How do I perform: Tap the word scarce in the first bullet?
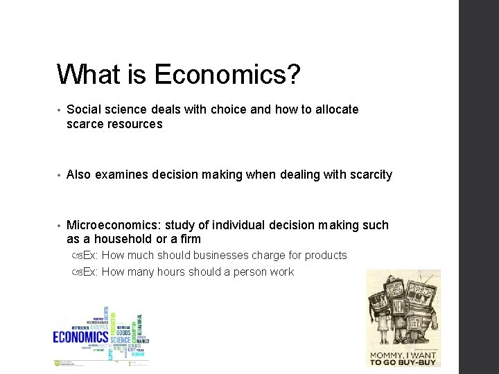(x=86, y=124)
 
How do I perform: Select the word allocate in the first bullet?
(x=335, y=109)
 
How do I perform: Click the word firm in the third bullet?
(x=189, y=239)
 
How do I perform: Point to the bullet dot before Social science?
(x=60, y=110)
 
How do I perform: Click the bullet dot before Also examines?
(x=60, y=175)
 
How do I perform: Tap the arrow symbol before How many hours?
(x=76, y=272)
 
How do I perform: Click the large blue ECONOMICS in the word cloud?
(x=81, y=337)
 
